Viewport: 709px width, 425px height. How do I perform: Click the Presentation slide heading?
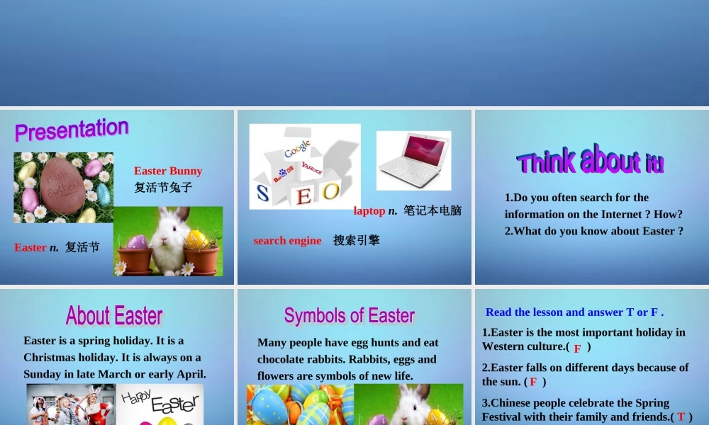pos(72,129)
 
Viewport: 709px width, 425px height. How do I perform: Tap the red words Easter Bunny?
pos(168,171)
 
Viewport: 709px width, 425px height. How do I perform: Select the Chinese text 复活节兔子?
pos(163,188)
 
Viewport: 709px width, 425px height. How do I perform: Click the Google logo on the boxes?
pos(298,148)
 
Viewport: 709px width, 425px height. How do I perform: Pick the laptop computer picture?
pos(413,160)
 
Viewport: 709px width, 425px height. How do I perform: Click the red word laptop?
pos(369,210)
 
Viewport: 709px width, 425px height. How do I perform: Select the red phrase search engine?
pos(287,241)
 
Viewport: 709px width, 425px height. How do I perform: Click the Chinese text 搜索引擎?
pos(357,240)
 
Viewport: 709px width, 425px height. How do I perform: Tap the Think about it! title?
pos(590,161)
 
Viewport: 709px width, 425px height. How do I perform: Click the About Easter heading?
pos(114,315)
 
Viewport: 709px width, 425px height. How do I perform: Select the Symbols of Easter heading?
pos(350,315)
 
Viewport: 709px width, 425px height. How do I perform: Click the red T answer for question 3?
pos(681,417)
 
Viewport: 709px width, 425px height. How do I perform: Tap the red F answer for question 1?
pos(577,348)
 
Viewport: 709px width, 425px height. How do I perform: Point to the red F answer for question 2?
pos(533,382)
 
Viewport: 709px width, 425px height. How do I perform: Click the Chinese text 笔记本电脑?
pos(432,210)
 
